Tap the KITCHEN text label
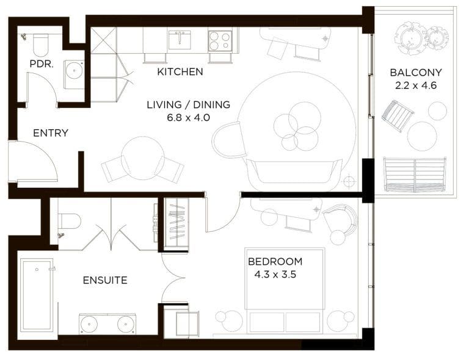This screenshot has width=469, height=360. coord(180,72)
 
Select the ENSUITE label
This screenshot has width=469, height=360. coord(105,281)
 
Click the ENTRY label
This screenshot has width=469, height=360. coord(51,133)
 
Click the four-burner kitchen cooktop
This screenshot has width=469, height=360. coord(220,41)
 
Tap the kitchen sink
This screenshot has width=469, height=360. coord(180,40)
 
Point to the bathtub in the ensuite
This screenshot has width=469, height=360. coord(37,298)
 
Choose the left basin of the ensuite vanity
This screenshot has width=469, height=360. coord(89,323)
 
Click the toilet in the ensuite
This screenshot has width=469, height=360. coord(68,221)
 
